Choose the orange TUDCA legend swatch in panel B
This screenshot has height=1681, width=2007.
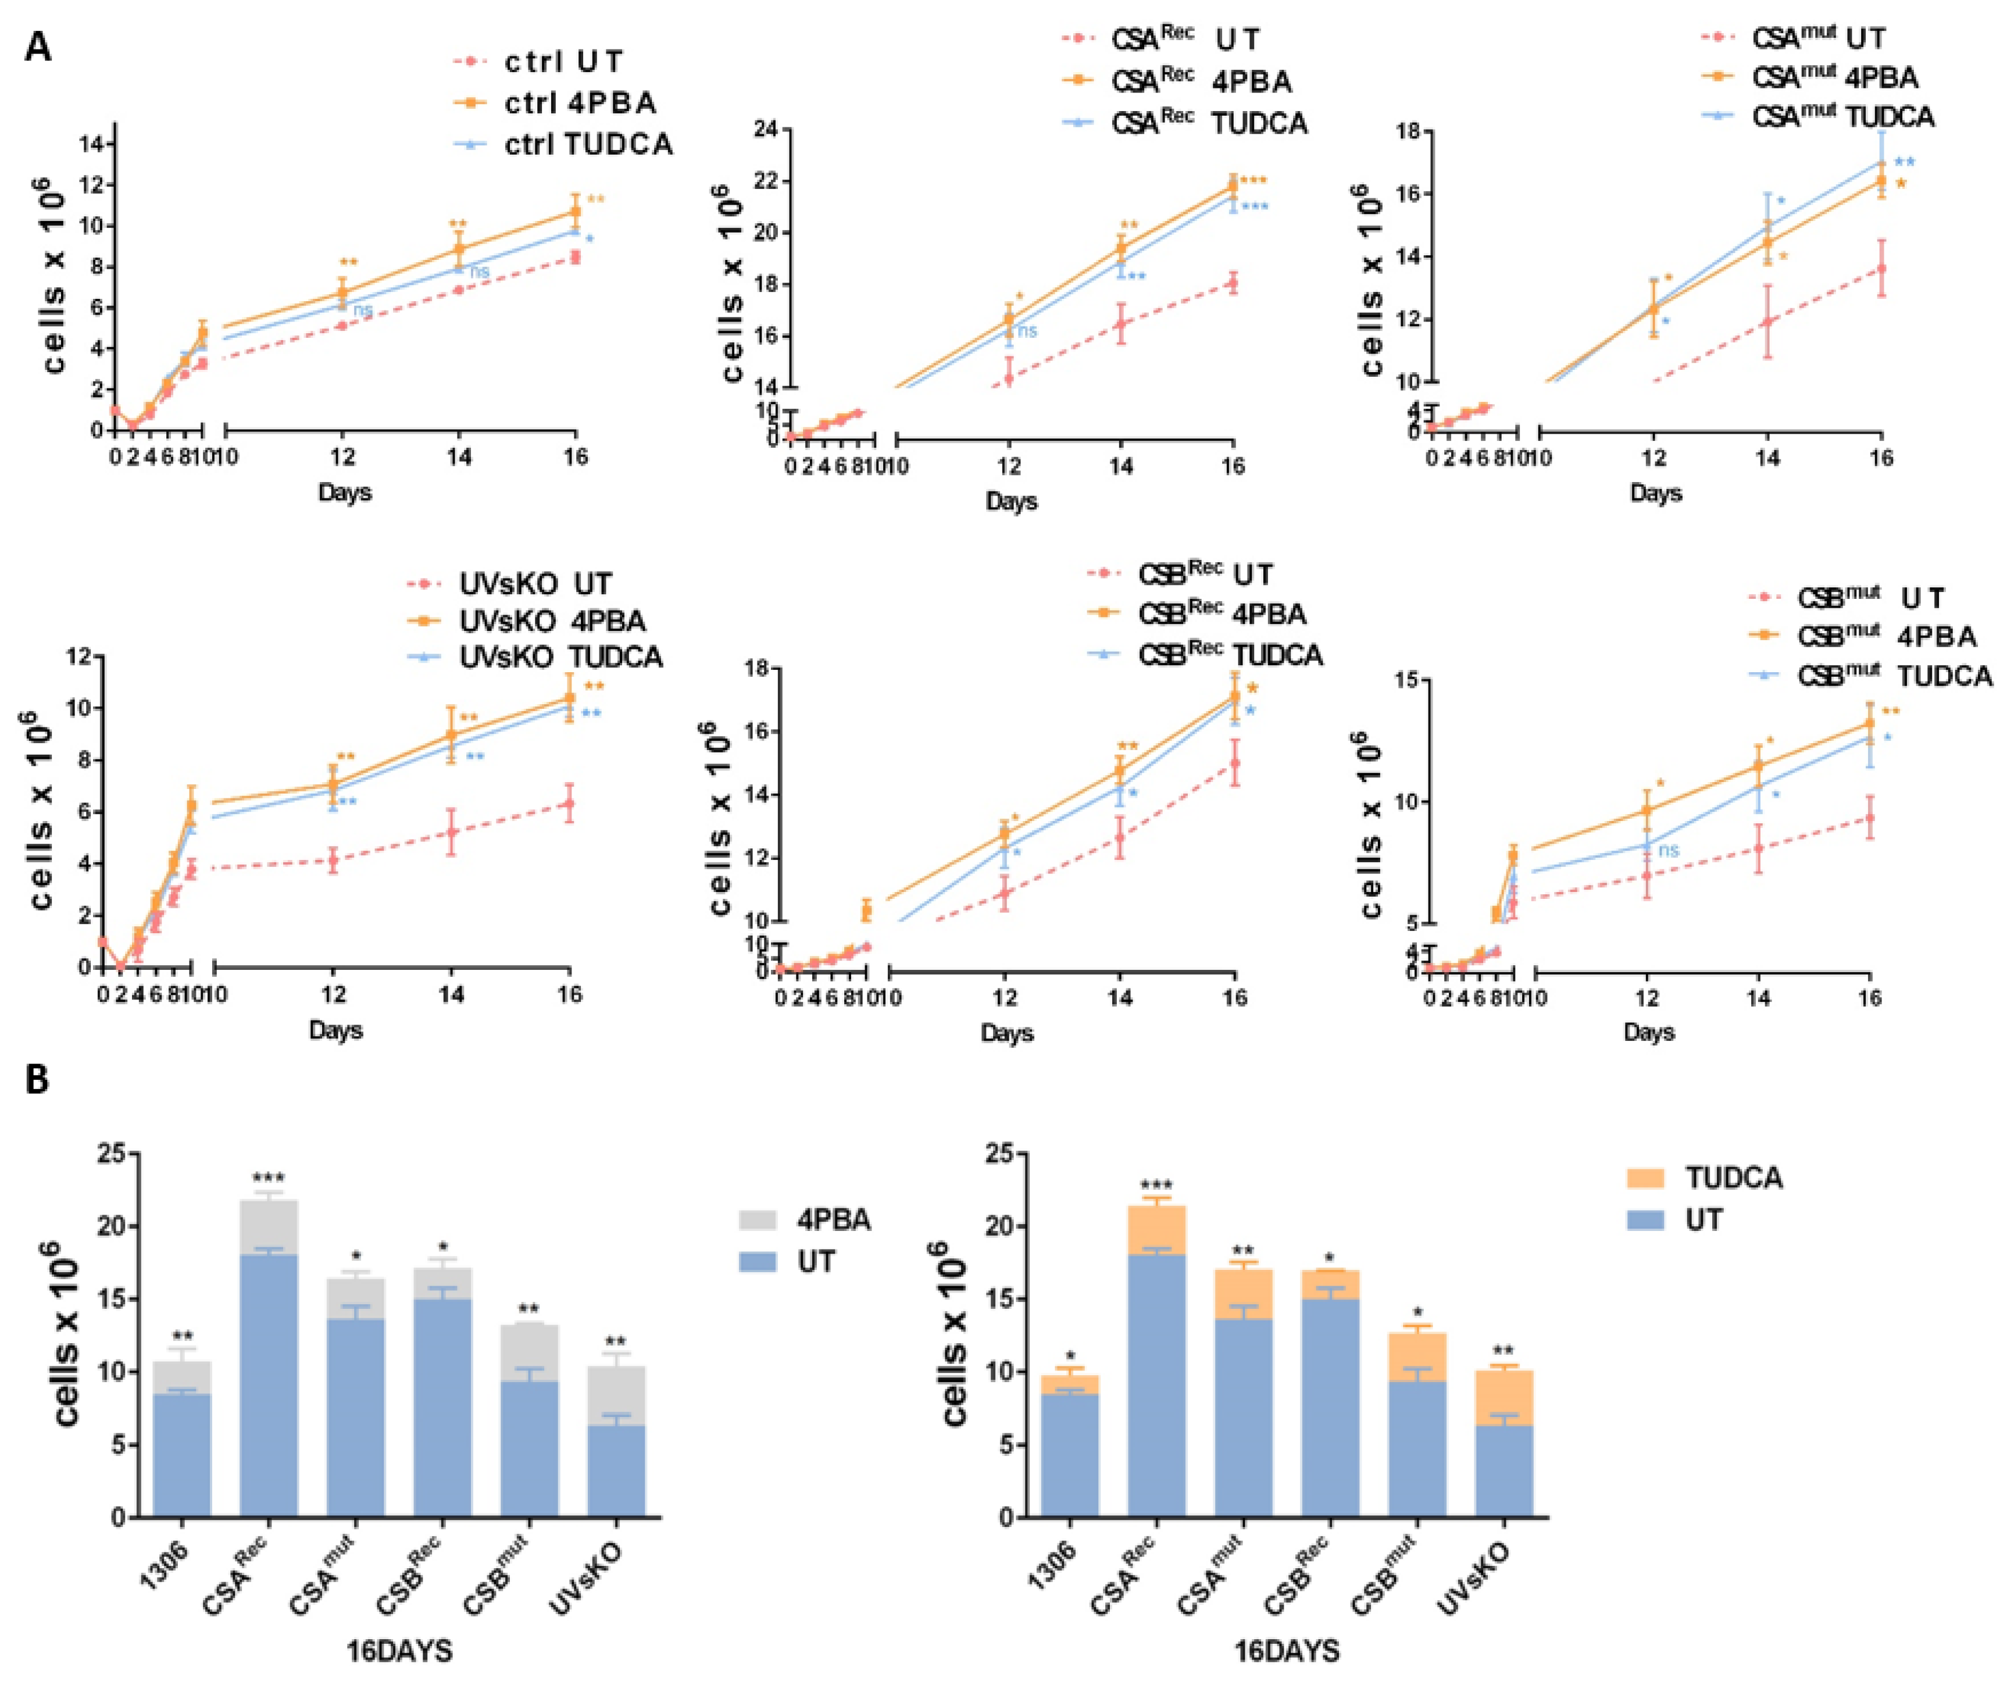(1648, 1177)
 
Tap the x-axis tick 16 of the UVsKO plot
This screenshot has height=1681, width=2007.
(570, 994)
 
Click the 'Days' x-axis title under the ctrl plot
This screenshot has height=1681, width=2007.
(344, 493)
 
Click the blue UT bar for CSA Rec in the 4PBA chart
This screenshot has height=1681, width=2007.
(269, 1386)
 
